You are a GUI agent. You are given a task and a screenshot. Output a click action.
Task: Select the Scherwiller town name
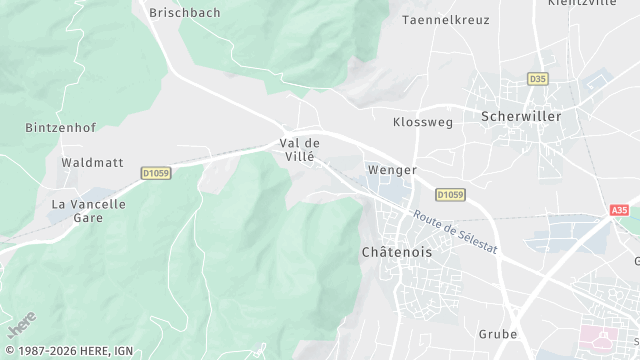pos(521,116)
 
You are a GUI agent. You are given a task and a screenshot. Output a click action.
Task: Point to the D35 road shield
pos(539,79)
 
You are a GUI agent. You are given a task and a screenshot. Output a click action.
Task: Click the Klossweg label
pos(423,122)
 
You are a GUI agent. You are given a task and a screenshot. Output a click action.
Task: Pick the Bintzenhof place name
pos(59,128)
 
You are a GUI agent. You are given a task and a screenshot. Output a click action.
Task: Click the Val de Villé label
pos(299,150)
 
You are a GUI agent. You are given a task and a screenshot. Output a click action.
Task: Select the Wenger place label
pos(392,170)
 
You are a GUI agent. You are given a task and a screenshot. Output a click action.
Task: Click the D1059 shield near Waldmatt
pos(155,172)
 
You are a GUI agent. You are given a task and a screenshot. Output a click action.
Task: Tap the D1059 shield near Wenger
pos(450,195)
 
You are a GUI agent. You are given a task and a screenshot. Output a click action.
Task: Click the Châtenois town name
pos(397,253)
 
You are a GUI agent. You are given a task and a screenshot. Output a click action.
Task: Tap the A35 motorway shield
pos(620,210)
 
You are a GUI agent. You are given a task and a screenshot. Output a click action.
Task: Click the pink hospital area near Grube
pos(604,336)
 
